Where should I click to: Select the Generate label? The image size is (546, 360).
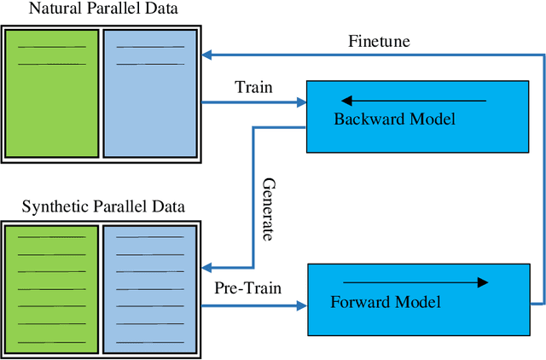(268, 210)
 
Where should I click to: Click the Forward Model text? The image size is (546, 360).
(384, 302)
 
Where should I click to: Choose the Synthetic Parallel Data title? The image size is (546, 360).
(102, 206)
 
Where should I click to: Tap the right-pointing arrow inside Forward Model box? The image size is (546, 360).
(415, 282)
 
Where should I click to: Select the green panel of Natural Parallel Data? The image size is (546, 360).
(52, 94)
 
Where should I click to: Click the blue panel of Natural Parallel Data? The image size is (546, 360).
(149, 94)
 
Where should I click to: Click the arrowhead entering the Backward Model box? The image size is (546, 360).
(300, 103)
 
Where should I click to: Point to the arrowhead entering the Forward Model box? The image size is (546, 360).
(300, 305)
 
